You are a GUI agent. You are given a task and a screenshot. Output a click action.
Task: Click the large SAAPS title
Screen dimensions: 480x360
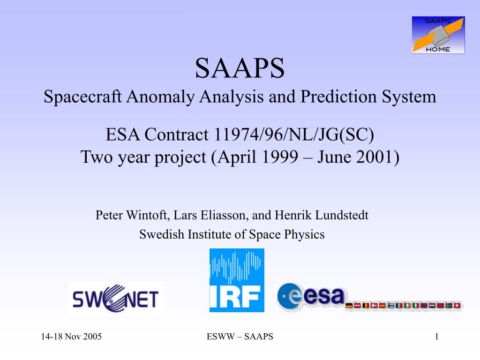240,68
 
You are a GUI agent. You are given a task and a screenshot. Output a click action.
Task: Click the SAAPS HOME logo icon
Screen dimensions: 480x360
438,35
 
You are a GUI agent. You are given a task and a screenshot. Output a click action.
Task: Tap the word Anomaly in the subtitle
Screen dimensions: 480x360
160,97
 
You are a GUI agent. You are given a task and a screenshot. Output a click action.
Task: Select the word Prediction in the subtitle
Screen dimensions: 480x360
338,97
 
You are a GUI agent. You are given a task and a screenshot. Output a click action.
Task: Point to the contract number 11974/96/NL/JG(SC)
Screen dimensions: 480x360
294,135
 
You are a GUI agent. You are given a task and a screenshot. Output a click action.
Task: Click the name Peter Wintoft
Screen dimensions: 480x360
132,215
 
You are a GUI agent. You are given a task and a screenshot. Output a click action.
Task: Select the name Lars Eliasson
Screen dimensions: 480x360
210,215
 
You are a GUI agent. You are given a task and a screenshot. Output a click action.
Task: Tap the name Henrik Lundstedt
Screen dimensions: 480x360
322,215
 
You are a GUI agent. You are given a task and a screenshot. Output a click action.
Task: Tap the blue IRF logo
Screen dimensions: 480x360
237,280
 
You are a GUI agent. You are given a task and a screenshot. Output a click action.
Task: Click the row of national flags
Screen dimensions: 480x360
403,306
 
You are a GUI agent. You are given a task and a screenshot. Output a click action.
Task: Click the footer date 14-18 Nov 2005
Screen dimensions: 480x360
71,337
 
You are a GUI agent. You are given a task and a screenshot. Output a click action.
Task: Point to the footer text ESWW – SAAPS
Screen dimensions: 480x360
240,337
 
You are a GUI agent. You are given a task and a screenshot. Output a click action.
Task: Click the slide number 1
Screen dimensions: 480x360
436,337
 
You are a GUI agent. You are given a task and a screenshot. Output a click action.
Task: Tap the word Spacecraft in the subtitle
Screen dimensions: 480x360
82,97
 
